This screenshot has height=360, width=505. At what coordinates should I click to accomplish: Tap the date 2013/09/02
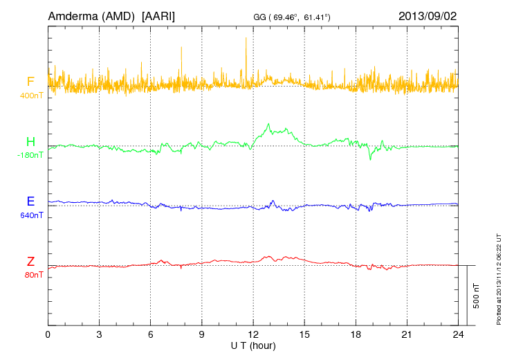tap(427, 15)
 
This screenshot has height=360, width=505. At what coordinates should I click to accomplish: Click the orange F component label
tap(30, 82)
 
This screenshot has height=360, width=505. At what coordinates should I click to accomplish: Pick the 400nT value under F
tap(31, 95)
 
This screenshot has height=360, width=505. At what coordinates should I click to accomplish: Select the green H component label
tap(30, 143)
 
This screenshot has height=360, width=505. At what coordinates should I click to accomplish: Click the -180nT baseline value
tap(30, 155)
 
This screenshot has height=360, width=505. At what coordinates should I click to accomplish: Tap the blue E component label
tap(30, 202)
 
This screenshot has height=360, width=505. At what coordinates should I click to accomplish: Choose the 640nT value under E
tap(31, 215)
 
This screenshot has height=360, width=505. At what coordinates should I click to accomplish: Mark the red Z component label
tap(30, 262)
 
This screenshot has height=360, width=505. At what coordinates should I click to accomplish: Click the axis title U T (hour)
tap(253, 345)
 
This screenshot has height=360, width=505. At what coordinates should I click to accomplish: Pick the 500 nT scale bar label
tap(477, 295)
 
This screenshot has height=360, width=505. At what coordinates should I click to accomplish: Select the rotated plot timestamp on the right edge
tap(498, 278)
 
